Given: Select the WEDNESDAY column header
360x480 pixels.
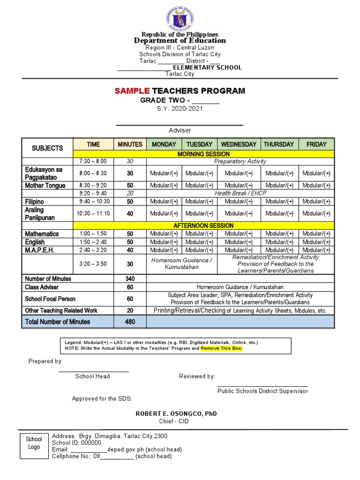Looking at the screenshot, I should coord(239,144).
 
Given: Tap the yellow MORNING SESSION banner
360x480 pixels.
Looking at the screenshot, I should coord(203,154).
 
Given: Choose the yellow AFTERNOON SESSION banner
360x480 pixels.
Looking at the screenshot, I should coord(203,225).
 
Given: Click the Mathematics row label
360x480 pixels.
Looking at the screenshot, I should coord(42,233).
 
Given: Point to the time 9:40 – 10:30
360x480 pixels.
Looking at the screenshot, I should coord(93,202).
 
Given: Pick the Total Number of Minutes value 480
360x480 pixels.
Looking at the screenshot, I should coord(130,322).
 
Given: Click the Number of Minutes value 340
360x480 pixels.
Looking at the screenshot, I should coord(130,278).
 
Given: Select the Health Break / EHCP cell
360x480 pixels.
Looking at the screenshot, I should coord(240,193).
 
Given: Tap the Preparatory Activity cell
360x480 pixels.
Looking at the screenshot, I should coord(240,161).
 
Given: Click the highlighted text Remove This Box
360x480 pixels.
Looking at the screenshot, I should coord(222,348).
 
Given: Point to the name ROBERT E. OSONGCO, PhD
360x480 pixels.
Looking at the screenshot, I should coord(176,414).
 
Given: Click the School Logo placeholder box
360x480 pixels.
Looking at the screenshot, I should coord(34,443).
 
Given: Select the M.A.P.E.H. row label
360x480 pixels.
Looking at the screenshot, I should coord(40,250).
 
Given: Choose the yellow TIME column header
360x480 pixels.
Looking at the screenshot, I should coord(93,144).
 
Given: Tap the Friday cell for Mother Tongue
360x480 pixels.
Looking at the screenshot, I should coord(316,185).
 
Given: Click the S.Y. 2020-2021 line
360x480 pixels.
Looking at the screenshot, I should coord(180,108).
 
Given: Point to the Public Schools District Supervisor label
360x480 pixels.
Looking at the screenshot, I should coord(262,391).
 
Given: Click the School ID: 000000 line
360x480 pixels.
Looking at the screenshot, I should coord(76,442).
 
